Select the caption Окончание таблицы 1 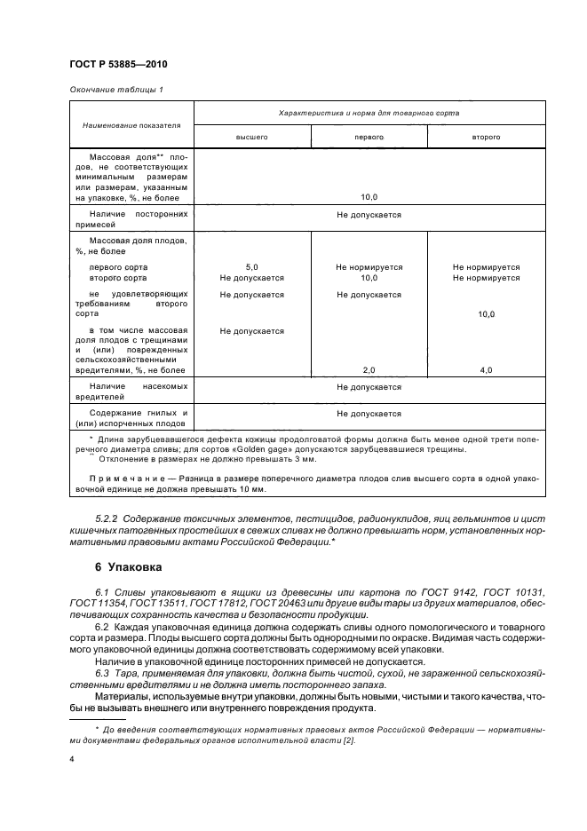(x=115, y=90)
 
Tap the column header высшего (x=251, y=138)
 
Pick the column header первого (x=369, y=138)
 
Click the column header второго (x=486, y=138)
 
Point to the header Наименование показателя (x=131, y=125)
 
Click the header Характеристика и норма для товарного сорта (x=369, y=114)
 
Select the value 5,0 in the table (x=251, y=266)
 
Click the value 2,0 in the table (x=369, y=369)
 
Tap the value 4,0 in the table (x=486, y=369)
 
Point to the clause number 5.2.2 (x=107, y=518)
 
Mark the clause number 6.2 (x=102, y=627)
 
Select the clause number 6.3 (x=102, y=671)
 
